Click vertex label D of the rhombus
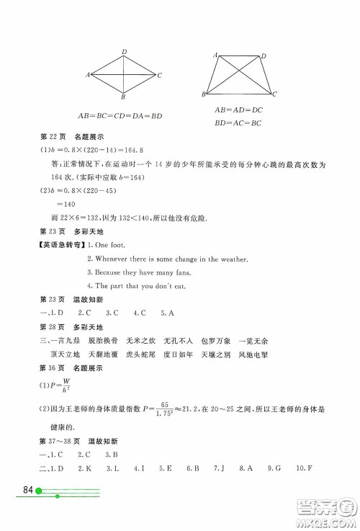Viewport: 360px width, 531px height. coord(124,51)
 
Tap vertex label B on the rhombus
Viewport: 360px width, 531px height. coord(124,97)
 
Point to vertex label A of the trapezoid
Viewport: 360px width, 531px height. coord(215,55)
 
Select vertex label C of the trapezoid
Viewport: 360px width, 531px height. coord(275,94)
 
